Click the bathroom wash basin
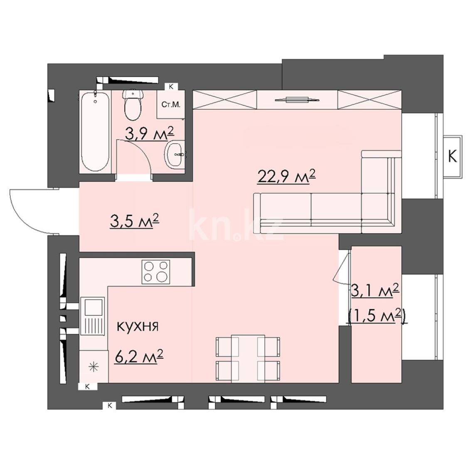click(x=175, y=155)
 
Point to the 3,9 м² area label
click(x=150, y=134)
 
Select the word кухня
click(x=138, y=326)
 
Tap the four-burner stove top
click(x=155, y=271)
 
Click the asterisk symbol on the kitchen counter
click(x=94, y=367)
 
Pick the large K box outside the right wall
click(x=452, y=156)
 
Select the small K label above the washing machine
click(x=171, y=86)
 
